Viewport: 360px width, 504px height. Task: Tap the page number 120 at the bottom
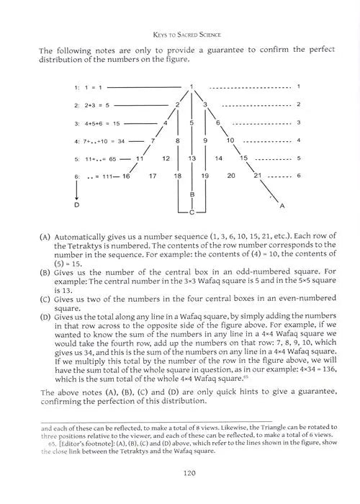180,474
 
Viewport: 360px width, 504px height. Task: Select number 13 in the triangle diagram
192,158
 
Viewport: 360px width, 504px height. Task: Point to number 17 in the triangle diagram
153,175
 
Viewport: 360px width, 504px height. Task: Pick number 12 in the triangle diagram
166,158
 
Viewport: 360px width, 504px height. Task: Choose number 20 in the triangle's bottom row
231,175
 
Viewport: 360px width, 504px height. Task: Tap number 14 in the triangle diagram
218,158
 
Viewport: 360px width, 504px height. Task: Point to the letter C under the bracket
192,213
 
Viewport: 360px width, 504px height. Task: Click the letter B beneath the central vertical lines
192,194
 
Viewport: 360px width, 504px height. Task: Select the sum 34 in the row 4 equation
120,140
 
